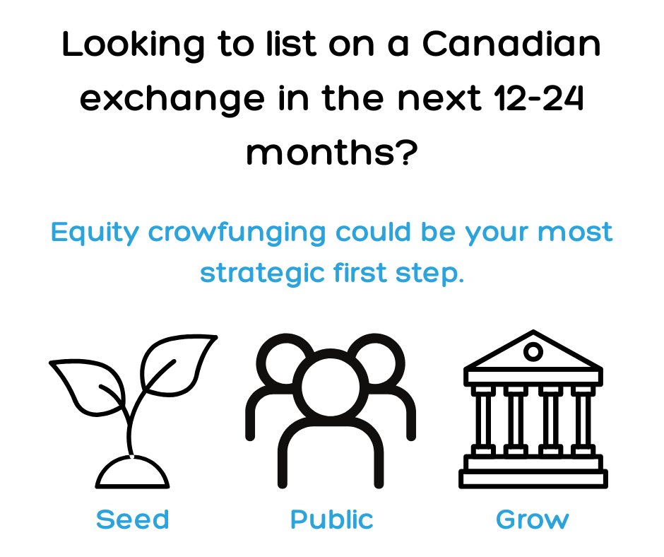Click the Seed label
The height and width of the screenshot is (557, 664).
pos(133,520)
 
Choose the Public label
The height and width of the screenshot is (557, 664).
pos(331,520)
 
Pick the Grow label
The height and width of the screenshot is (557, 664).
pos(532,520)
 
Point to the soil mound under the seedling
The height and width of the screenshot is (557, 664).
pos(133,473)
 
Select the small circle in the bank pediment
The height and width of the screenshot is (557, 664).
pos(533,352)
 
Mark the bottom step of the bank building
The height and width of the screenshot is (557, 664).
pos(533,480)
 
